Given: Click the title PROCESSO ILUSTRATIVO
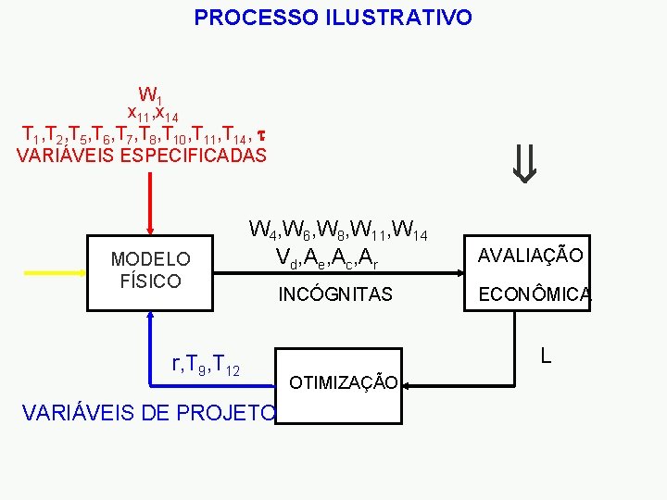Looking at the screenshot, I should pos(333,18).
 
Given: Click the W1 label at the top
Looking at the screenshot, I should pos(150,94).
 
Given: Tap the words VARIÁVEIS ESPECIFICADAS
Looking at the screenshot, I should pos(142,156).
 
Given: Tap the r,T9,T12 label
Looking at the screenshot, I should pos(207,366).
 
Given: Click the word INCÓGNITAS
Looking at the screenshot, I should pos(336,294).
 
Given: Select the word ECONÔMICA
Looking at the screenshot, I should pos(534,294).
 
